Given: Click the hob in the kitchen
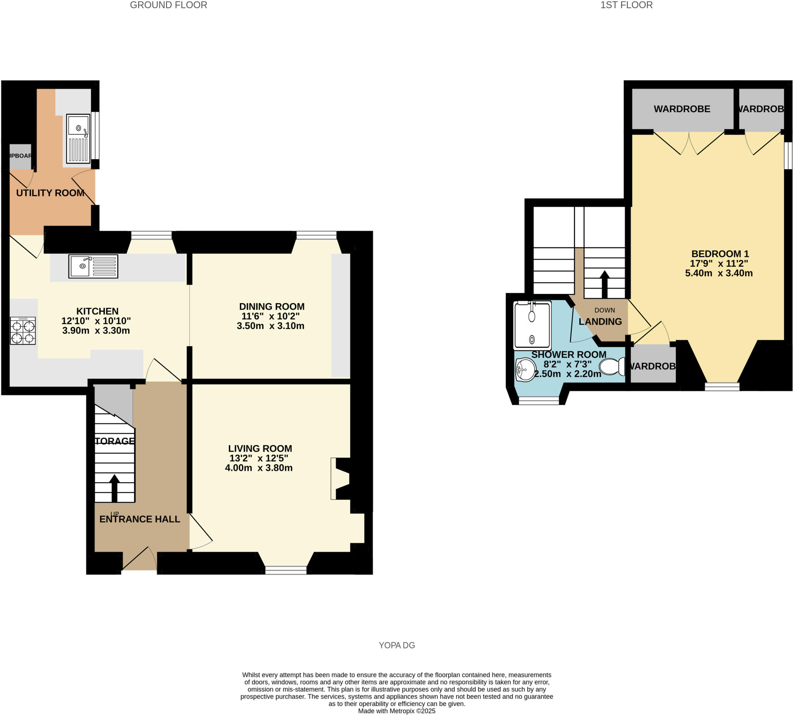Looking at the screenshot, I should (23, 330).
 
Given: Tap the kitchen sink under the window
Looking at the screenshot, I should (93, 266).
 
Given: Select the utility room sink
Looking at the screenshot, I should (78, 138).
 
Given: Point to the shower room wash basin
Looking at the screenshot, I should (525, 370).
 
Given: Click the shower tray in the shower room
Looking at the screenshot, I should (532, 325).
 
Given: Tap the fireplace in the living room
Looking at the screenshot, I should (340, 478).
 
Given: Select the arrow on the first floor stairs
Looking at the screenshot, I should (604, 284).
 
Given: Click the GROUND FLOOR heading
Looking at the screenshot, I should (168, 5).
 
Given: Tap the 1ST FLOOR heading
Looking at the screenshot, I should (626, 5).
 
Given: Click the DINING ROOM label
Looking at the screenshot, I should (271, 306).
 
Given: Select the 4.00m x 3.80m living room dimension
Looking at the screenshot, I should (258, 468).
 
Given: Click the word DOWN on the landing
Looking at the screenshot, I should (604, 310).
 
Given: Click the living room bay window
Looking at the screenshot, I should (285, 570).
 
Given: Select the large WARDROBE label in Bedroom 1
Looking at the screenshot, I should (681, 109).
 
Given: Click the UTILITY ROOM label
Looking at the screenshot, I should (50, 193).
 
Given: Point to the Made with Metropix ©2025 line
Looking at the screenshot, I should (396, 711).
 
